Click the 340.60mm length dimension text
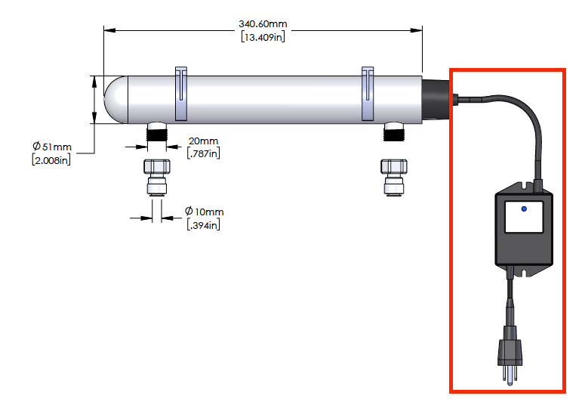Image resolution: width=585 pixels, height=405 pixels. [262, 23]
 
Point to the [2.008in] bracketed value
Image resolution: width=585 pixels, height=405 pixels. [51, 159]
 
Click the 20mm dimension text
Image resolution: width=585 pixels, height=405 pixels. [203, 141]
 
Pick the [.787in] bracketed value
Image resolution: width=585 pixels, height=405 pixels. [203, 154]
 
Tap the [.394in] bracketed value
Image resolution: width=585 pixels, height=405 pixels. [205, 224]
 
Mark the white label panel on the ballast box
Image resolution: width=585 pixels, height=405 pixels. [524, 217]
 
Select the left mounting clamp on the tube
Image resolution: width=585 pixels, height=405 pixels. [182, 94]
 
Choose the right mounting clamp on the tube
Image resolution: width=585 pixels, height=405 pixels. [368, 94]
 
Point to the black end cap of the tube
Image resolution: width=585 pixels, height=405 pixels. [436, 99]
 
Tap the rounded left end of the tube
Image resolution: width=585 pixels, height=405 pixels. [115, 99]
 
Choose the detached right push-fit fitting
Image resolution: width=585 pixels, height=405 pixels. [394, 177]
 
